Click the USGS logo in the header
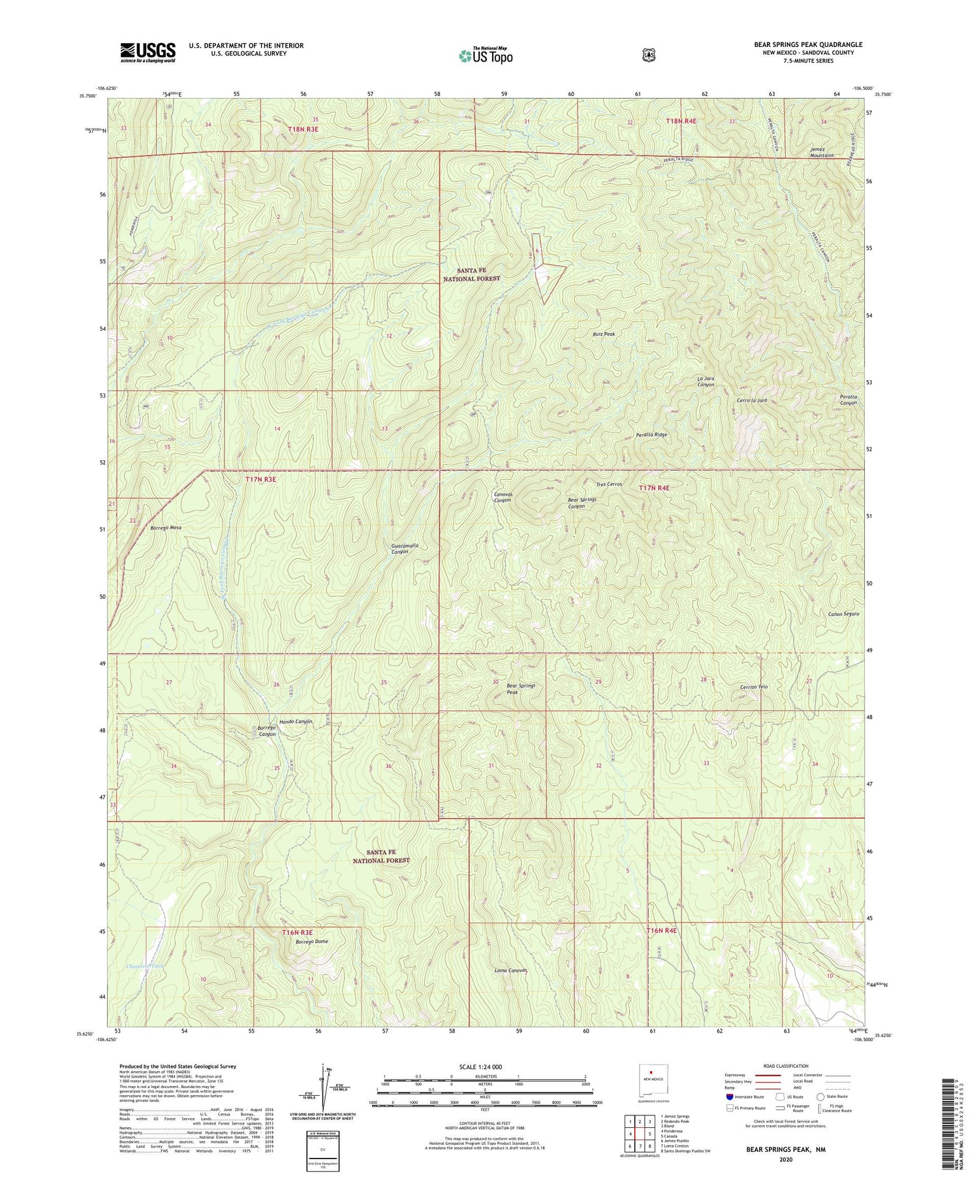[148, 52]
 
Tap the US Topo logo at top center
[486, 56]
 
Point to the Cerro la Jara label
[751, 400]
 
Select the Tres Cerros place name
[609, 485]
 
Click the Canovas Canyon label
[503, 497]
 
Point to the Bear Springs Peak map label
[521, 688]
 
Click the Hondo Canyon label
[296, 722]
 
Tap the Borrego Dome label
[311, 942]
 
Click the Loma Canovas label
[510, 970]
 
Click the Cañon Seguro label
[843, 614]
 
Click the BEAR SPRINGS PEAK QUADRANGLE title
[808, 44]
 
